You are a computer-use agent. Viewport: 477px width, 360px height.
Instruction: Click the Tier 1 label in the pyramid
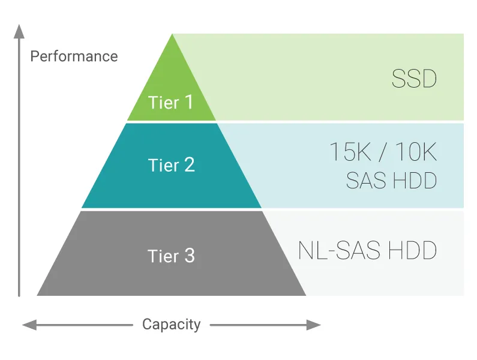pos(171,103)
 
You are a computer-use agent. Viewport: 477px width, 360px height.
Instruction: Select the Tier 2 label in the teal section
pos(172,165)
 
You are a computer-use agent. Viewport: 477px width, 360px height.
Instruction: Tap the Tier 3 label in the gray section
pos(172,256)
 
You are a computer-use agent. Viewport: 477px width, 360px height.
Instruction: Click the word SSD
pos(414,79)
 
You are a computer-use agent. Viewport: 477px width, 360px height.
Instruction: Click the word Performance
pos(74,56)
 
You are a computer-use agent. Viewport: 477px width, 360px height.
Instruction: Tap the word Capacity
pos(172,325)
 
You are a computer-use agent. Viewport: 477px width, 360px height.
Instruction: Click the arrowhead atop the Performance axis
pos(19,30)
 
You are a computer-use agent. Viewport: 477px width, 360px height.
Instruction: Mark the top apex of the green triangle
pos(172,35)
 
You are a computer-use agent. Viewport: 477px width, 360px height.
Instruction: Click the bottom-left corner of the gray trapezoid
pos(38,295)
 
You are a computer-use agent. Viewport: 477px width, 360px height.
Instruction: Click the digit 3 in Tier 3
pos(189,256)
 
